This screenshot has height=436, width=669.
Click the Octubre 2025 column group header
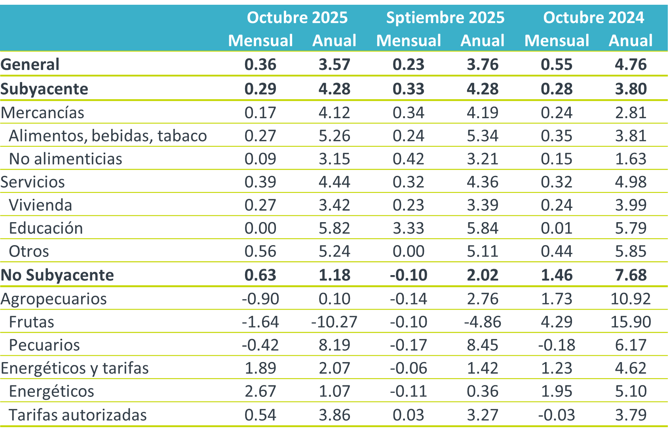click(297, 18)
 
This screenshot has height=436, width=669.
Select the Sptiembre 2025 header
click(445, 18)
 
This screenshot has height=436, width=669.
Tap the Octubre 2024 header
click(593, 18)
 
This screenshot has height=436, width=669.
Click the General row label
click(30, 64)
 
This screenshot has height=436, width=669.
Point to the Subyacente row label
click(44, 89)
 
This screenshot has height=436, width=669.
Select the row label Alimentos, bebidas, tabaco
click(108, 136)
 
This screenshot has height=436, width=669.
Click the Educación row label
click(46, 228)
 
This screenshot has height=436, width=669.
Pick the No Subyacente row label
click(57, 275)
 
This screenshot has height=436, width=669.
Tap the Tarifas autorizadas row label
click(78, 415)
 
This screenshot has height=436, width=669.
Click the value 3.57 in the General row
click(334, 64)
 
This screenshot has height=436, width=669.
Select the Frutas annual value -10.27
click(334, 322)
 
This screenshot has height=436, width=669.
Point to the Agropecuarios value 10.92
click(631, 298)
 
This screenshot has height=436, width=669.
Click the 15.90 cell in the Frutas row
click(631, 322)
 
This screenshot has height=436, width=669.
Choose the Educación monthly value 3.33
click(409, 228)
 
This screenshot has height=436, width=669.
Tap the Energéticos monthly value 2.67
click(260, 391)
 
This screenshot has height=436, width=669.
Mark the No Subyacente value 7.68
click(631, 275)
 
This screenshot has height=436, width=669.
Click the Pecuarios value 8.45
click(483, 345)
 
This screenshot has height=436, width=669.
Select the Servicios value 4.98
click(631, 182)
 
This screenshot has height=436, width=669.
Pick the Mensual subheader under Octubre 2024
click(557, 41)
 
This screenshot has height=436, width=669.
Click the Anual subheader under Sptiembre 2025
click(483, 41)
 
